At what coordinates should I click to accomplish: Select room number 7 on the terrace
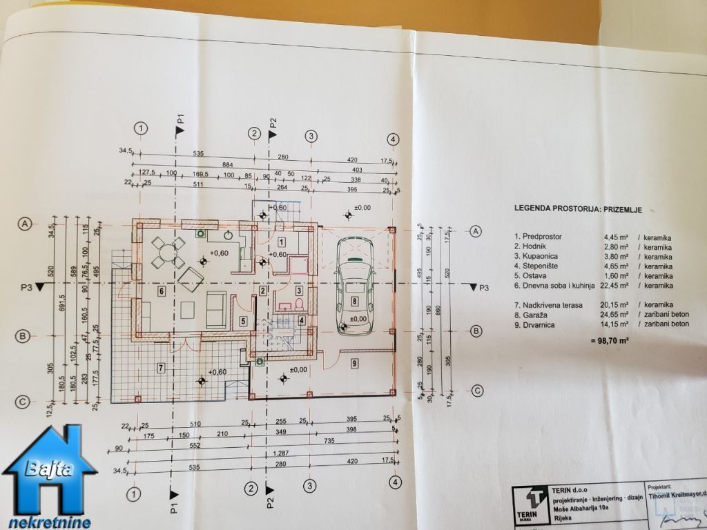point(160,367)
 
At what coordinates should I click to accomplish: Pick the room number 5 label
point(244,320)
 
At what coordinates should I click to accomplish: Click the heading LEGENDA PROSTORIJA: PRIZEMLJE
point(579,207)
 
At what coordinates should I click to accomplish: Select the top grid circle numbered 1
point(142,128)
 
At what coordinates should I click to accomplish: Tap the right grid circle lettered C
point(476,391)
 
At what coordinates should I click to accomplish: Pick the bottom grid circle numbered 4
point(394,482)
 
